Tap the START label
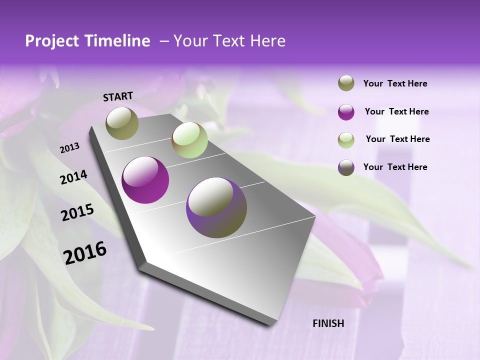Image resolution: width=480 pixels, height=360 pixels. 118,96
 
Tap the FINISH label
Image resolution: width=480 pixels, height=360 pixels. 328,323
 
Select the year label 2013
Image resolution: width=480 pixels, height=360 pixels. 70,148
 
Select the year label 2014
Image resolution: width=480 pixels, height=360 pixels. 73,177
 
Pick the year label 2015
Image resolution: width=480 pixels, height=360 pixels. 77,212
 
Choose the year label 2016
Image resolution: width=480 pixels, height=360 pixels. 85,252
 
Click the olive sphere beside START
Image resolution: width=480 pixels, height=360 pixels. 122,123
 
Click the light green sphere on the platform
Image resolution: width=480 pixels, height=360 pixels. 189,140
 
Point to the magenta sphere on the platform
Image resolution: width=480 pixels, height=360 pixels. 145,180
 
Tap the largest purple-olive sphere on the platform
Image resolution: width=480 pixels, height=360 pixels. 216,207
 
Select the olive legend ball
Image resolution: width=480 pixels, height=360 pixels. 346,83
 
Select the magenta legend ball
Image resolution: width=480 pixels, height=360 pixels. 346,111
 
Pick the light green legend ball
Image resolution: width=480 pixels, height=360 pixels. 346,139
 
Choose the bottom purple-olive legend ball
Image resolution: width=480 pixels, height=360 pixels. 346,167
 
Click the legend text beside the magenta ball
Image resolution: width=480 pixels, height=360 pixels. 396,111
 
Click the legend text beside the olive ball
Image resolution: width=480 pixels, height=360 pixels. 395,83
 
